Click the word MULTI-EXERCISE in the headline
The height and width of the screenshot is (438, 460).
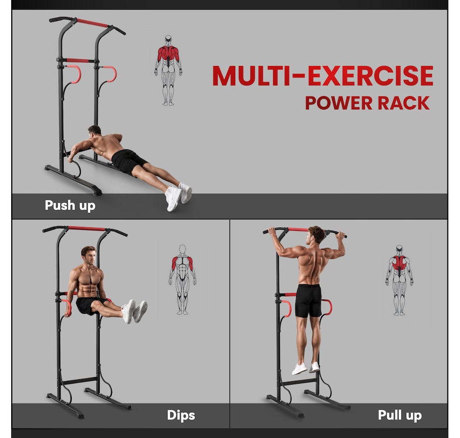click(322, 76)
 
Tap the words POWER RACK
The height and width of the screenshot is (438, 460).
click(367, 103)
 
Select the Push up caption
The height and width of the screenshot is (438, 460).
click(70, 205)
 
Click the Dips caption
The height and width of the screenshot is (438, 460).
click(181, 415)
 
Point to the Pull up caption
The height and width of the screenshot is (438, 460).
click(399, 415)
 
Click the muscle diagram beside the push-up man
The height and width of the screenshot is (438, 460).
click(169, 70)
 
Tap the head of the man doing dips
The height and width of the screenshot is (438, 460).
click(88, 254)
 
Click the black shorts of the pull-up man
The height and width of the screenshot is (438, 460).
click(308, 300)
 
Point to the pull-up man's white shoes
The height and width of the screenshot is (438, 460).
click(306, 368)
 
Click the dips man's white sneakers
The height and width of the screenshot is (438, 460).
click(135, 311)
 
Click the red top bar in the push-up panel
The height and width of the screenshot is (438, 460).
click(92, 23)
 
